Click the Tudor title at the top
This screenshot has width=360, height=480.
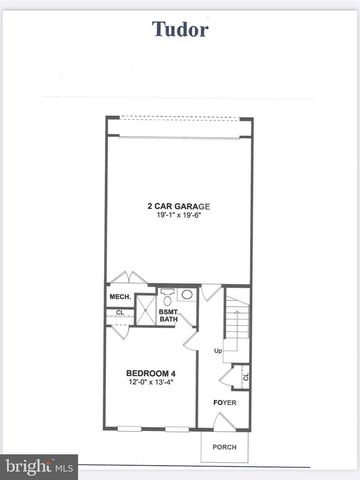180,29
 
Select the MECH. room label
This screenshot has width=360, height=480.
121,297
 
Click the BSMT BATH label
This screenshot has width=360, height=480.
169,316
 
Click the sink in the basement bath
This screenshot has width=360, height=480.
188,295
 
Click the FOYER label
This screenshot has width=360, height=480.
224,403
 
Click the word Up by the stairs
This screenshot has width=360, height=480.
217,351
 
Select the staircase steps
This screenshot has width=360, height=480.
235,320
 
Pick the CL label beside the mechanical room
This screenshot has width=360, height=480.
119,312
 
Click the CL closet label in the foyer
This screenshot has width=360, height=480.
245,377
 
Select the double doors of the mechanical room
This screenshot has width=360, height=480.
127,277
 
